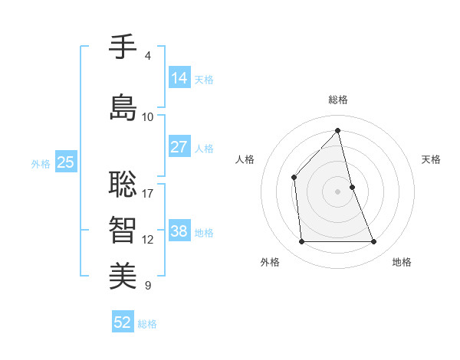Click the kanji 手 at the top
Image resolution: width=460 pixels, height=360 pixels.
(123, 47)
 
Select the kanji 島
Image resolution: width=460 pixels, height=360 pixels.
(123, 107)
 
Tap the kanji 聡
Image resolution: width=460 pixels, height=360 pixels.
(123, 183)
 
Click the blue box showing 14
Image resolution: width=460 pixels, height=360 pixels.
(179, 77)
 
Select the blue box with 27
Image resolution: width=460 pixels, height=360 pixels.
(179, 147)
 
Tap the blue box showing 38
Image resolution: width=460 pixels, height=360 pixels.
(179, 231)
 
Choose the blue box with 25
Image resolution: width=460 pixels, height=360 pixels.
(65, 162)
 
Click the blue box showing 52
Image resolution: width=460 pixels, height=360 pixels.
(123, 322)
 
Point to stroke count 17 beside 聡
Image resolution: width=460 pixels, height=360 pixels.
(148, 193)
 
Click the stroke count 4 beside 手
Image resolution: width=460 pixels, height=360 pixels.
(148, 56)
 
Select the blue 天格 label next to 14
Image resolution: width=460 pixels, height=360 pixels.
(204, 80)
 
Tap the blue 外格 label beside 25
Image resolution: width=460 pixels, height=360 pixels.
(41, 164)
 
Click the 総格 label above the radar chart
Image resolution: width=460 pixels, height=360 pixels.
(338, 100)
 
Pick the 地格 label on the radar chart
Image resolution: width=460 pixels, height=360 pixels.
(402, 262)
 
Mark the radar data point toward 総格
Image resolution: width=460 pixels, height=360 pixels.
(338, 130)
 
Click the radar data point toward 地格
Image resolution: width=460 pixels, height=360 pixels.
(374, 242)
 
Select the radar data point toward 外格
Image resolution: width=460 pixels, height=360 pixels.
(301, 242)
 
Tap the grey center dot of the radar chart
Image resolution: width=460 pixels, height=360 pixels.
(338, 191)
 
